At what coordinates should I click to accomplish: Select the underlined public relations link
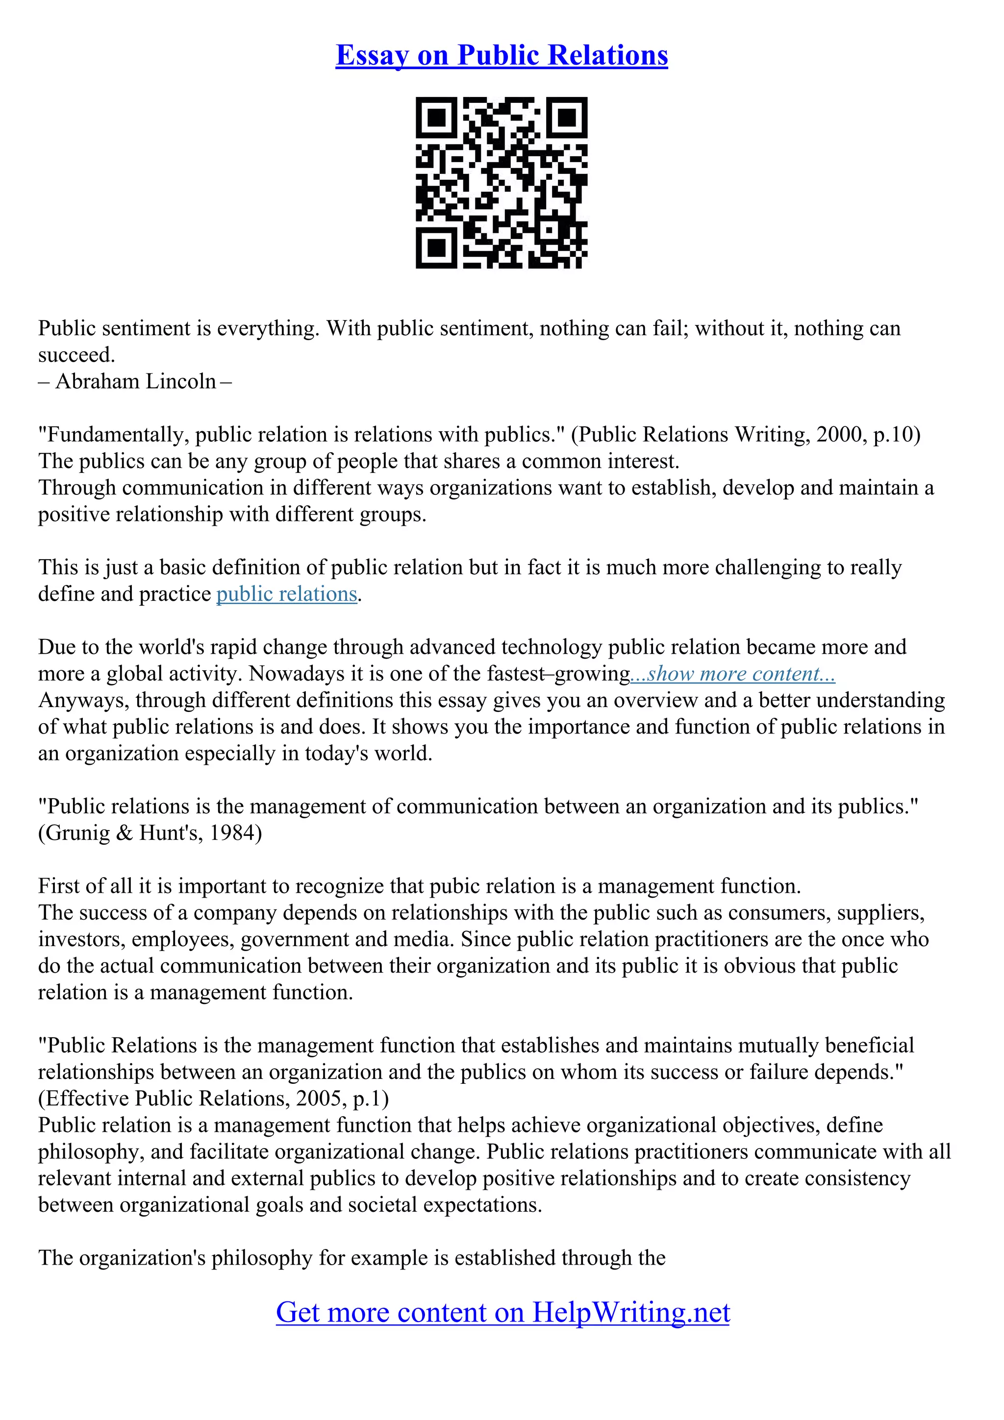point(286,594)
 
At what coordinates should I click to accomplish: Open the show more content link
point(732,674)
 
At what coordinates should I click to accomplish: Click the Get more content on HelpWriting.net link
point(502,1312)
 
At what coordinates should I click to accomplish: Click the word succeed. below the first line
point(76,355)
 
